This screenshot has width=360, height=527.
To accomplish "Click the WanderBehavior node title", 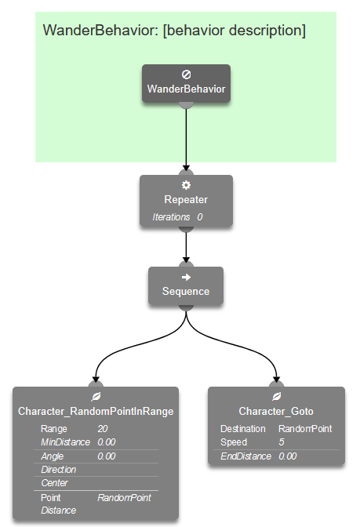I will tap(186, 89).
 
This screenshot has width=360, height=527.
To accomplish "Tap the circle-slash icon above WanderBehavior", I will tap(186, 75).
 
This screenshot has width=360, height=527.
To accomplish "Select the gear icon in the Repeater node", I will tap(186, 185).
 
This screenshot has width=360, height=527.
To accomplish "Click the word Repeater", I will tap(186, 200).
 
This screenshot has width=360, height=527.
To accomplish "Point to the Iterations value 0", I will tap(200, 216).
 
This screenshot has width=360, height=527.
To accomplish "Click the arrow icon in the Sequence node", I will tap(186, 277).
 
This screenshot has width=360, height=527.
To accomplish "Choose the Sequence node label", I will tap(186, 292).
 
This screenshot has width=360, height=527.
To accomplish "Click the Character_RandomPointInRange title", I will tap(96, 412).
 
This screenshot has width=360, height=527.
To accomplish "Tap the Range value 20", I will tap(103, 429).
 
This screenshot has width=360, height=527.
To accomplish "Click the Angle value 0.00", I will tap(107, 456).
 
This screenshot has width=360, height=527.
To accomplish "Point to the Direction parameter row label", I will tap(59, 469).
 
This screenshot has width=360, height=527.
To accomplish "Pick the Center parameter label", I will tap(54, 482).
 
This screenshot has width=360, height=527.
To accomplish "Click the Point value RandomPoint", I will tap(124, 497).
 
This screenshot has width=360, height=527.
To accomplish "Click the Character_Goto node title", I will tap(276, 412).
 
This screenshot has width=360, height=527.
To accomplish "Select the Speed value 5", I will tap(281, 442).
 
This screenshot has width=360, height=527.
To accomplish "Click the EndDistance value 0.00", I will tap(287, 456).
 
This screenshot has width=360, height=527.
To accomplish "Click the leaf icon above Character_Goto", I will tap(276, 397).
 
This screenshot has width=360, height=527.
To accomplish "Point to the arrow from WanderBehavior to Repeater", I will tap(186, 137).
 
